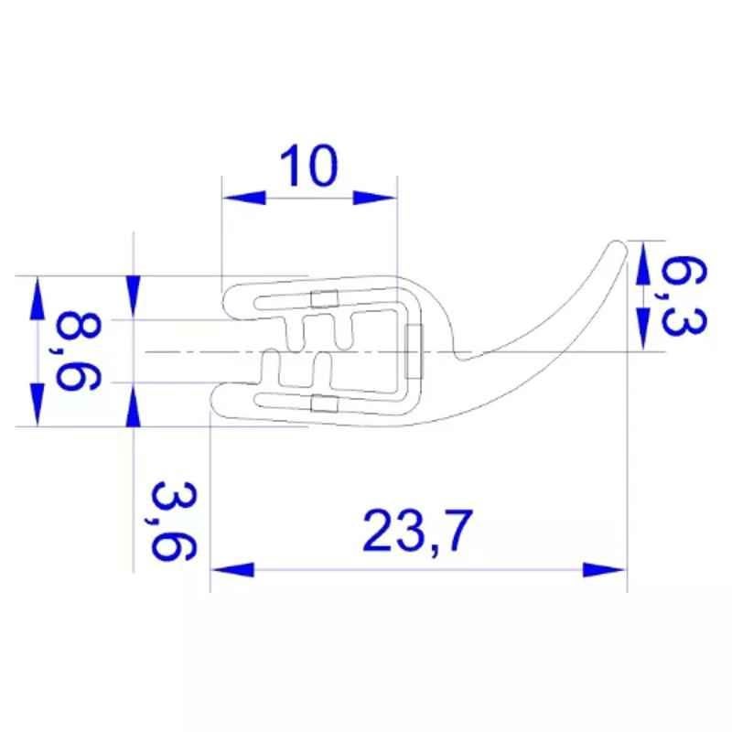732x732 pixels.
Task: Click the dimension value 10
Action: (x=308, y=167)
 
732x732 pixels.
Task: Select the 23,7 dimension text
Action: (x=418, y=531)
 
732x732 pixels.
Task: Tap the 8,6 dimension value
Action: (x=77, y=351)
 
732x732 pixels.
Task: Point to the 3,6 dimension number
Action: (x=173, y=521)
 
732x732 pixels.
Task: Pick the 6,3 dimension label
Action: (x=684, y=296)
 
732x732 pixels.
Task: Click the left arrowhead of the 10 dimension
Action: (x=244, y=198)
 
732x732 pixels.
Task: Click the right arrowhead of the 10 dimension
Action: (x=374, y=198)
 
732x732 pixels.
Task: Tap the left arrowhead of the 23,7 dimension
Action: (x=232, y=570)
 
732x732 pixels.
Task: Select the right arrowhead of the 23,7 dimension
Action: (x=604, y=570)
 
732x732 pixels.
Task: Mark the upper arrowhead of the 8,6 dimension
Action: (x=38, y=298)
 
